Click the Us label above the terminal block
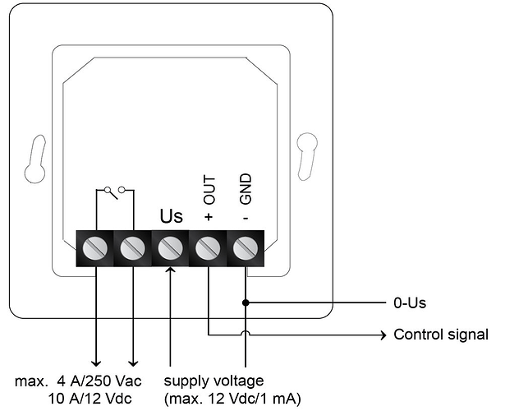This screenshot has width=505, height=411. [x=172, y=216]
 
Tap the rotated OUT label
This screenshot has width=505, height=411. [x=209, y=190]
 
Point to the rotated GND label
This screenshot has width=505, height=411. [x=246, y=189]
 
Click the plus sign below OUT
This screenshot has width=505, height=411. [x=209, y=217]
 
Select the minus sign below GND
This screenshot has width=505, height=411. [x=246, y=218]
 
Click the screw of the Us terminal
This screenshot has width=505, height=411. [x=170, y=248]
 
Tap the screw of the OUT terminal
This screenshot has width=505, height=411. [x=208, y=248]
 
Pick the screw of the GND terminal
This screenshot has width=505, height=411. [x=246, y=248]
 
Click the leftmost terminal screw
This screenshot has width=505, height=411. [x=95, y=248]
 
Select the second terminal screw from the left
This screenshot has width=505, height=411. [x=133, y=248]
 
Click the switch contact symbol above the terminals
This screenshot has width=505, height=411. [x=115, y=192]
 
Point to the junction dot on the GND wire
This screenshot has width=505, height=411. [x=246, y=302]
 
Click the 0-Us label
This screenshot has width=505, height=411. [x=410, y=303]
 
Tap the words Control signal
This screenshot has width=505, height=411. [x=441, y=335]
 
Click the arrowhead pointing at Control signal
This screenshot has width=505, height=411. [x=383, y=335]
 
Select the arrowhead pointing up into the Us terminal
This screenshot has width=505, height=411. [x=170, y=270]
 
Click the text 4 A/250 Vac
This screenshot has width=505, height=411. [x=99, y=381]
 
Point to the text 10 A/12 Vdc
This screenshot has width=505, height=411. [x=90, y=399]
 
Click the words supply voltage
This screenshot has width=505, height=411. [x=213, y=381]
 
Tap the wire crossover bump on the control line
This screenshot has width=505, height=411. [x=246, y=333]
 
